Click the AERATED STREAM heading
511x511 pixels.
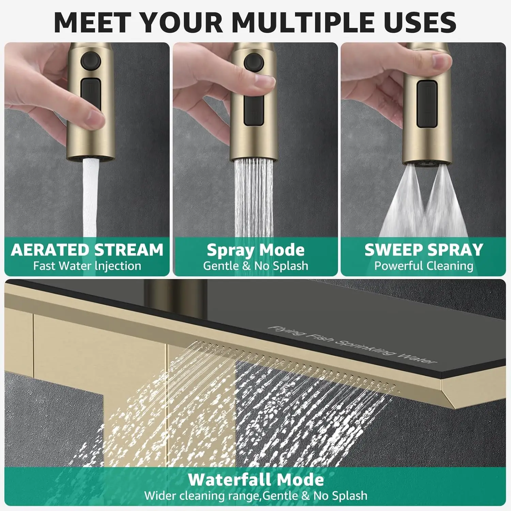point(87,250)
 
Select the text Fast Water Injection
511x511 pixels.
point(87,266)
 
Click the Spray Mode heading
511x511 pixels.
point(255,250)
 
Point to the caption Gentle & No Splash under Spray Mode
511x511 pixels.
point(255,266)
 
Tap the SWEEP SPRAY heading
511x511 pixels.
point(424,250)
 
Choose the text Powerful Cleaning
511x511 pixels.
point(424,266)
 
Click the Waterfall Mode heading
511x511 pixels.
point(255,480)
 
